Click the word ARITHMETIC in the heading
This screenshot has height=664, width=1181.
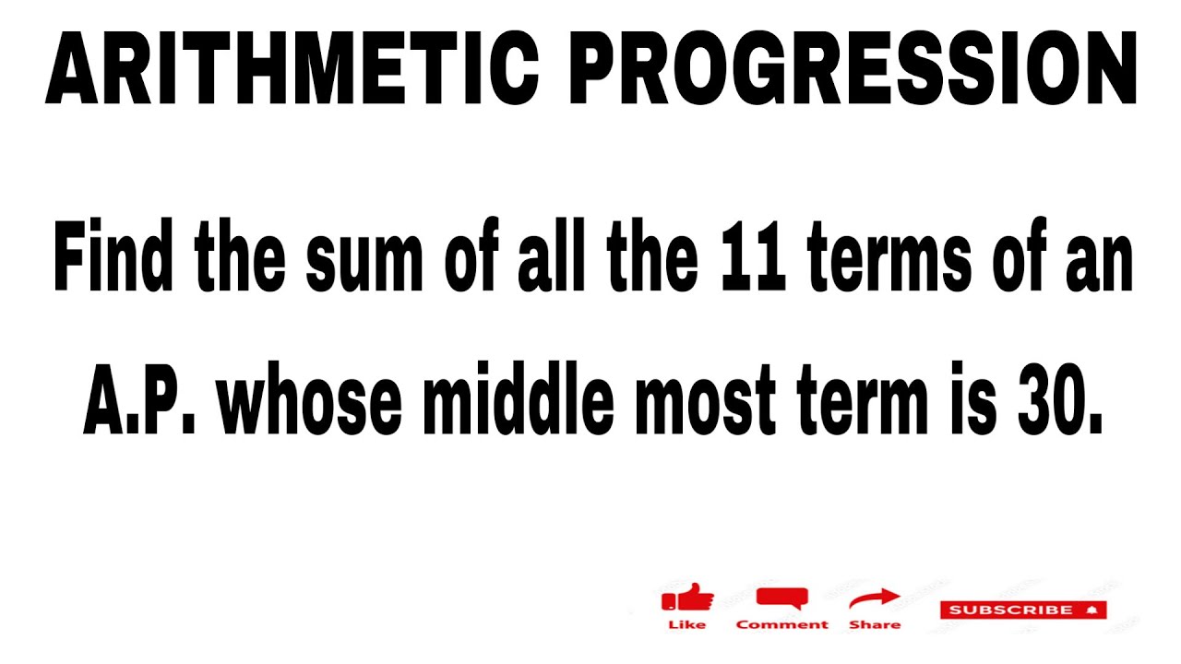tap(292, 71)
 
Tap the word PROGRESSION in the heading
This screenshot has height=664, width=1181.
tap(854, 71)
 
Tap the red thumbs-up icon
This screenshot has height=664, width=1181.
tap(687, 599)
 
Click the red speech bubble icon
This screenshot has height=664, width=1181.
tap(781, 599)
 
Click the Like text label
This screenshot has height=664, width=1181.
tap(686, 625)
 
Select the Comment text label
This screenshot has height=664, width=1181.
tap(781, 625)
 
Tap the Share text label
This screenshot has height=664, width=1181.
tap(874, 625)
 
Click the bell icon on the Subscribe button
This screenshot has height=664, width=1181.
tap(1092, 610)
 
